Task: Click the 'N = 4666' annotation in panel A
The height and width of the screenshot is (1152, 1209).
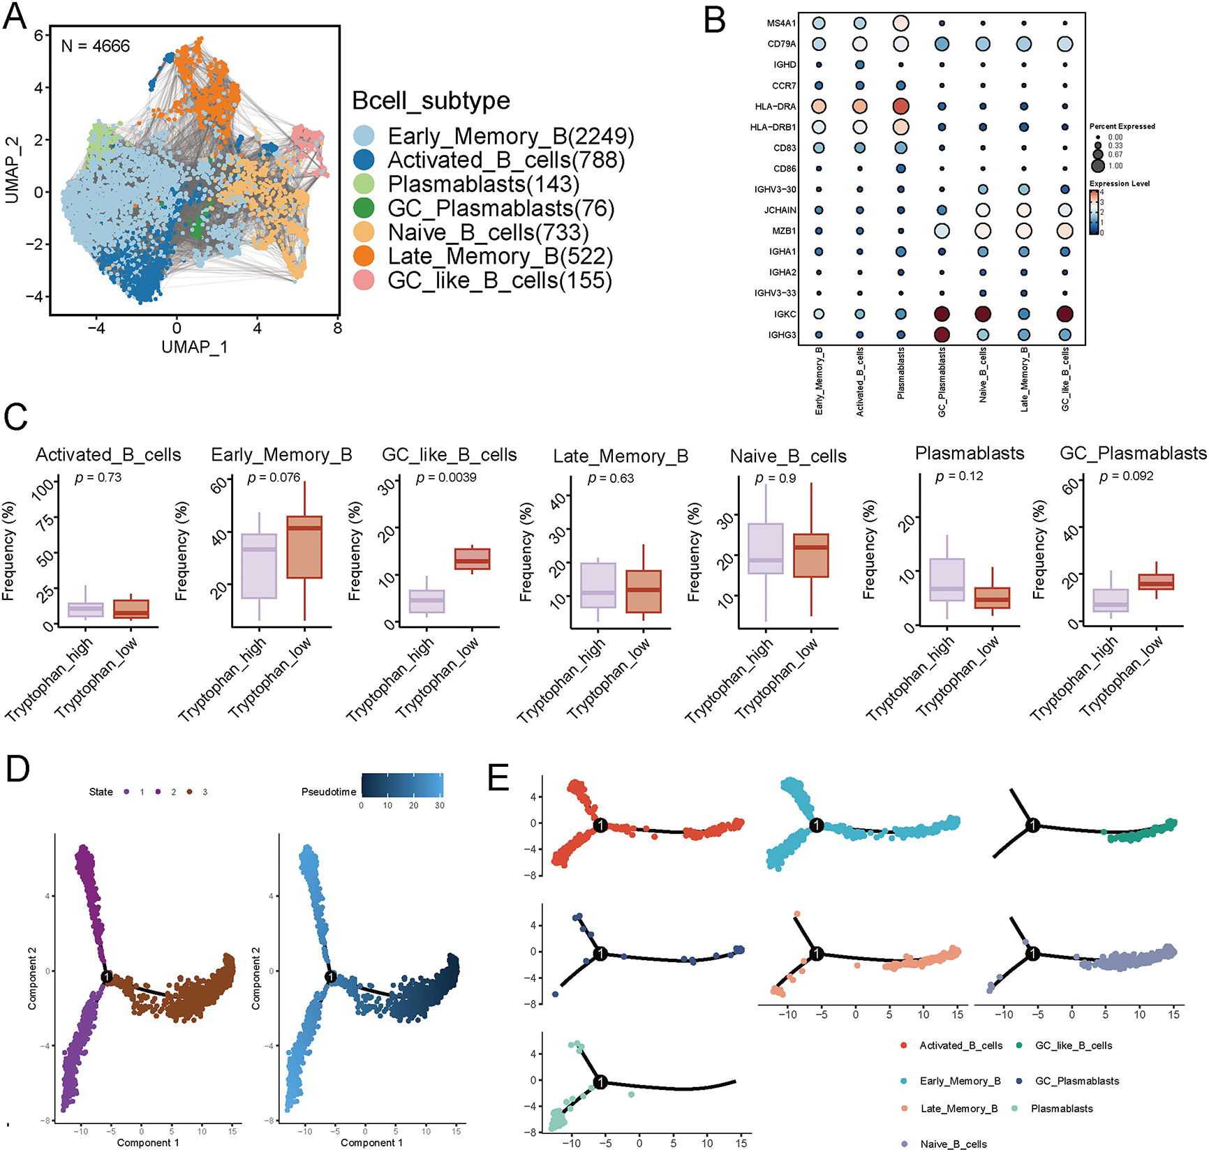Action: click(x=96, y=46)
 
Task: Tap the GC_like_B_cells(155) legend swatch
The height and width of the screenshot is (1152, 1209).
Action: click(x=364, y=280)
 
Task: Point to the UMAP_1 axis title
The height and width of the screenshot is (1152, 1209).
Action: click(x=194, y=347)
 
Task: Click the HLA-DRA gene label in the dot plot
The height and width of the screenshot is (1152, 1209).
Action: click(x=775, y=107)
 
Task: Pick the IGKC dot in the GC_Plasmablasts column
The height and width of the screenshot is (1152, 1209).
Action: click(x=942, y=314)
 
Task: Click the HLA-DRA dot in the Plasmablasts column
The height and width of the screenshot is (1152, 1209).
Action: click(x=900, y=107)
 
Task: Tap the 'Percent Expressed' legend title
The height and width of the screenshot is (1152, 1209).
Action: click(x=1122, y=126)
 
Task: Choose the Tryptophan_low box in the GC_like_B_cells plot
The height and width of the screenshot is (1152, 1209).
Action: click(x=473, y=559)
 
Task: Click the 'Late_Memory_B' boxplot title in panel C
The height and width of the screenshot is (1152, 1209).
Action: click(x=621, y=456)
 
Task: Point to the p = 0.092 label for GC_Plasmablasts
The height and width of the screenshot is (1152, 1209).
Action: click(x=1126, y=476)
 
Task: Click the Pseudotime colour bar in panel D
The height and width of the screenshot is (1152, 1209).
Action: click(x=402, y=785)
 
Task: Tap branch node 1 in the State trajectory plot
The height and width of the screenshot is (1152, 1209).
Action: click(x=107, y=977)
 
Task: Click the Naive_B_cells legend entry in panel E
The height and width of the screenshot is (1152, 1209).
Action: click(x=953, y=1144)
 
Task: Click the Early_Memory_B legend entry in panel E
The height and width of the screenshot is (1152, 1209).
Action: click(x=960, y=1081)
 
